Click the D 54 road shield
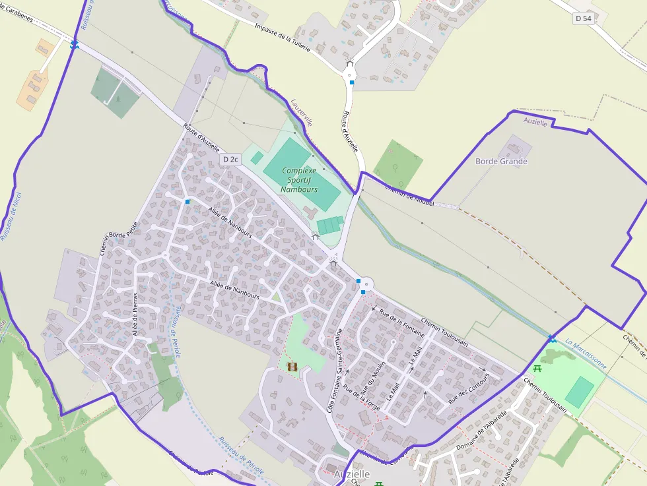pyautogui.click(x=583, y=19)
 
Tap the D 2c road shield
pyautogui.click(x=229, y=160)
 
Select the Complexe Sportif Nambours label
pyautogui.click(x=299, y=179)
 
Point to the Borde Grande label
pyautogui.click(x=501, y=161)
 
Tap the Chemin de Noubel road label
pyautogui.click(x=409, y=196)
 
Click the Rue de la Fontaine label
pyautogui.click(x=401, y=323)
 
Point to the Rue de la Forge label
pyautogui.click(x=362, y=398)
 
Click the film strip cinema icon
pyautogui.click(x=292, y=367)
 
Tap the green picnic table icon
pyautogui.click(x=537, y=369)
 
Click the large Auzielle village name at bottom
pyautogui.click(x=352, y=474)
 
